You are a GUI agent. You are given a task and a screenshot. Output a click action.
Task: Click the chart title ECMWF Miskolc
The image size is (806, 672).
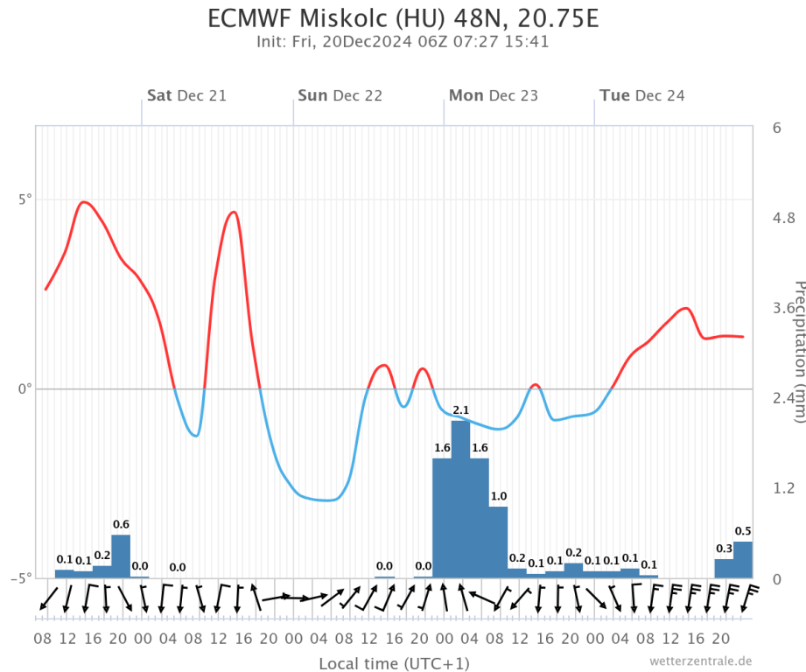[x=403, y=18]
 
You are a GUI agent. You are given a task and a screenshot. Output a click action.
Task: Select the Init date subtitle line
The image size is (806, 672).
[x=403, y=41]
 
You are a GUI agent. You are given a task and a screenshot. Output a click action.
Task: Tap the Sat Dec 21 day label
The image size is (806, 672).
[x=186, y=95]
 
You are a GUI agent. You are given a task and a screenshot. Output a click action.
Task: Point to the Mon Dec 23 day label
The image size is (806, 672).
[x=494, y=95]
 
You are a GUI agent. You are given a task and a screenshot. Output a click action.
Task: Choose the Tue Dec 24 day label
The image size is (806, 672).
[x=642, y=95]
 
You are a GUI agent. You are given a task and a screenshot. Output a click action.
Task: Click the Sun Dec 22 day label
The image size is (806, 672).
[x=340, y=95]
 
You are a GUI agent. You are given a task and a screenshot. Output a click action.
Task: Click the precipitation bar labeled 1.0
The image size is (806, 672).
[x=498, y=542]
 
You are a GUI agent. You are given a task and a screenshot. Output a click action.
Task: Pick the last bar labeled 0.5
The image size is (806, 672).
[x=743, y=560]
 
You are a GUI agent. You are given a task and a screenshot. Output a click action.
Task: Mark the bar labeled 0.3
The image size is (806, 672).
[x=724, y=568]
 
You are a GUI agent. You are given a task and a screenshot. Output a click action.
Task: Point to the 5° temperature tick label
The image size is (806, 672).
[x=24, y=199]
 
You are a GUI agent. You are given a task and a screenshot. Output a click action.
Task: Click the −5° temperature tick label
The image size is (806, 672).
[x=21, y=577]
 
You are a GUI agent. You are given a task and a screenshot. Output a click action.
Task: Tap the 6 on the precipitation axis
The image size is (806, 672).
[x=776, y=128]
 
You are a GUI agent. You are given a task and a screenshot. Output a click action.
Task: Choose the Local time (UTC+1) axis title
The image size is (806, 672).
[x=394, y=662]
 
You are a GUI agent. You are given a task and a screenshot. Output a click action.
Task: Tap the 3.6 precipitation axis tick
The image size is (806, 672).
[x=782, y=308]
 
